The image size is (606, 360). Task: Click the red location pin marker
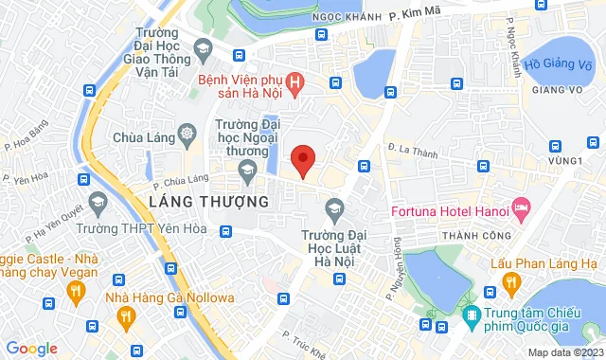coord(302,160)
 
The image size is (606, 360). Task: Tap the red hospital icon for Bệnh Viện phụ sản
coord(296,83)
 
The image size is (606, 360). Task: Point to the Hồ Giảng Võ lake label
coord(559,64)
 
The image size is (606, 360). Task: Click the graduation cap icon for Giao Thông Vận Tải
coord(202,47)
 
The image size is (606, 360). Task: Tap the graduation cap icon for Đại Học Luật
coord(333,207)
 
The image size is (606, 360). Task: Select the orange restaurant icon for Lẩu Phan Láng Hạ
coord(512,282)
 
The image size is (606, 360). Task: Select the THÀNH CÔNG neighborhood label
coord(480,234)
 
